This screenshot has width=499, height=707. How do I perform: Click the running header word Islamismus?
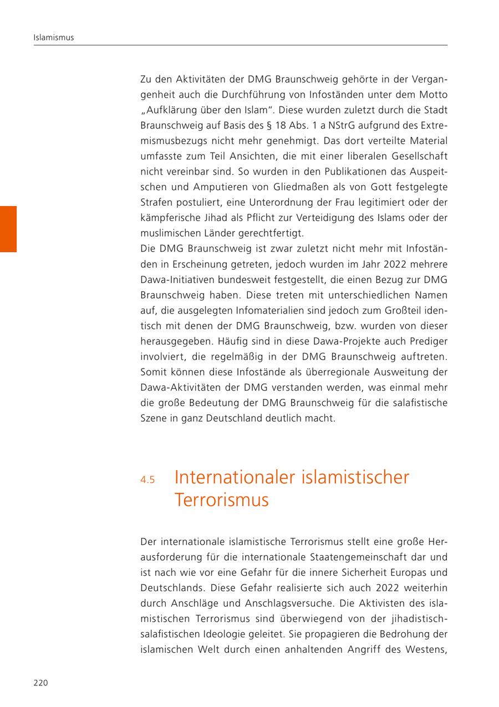[x=54, y=38]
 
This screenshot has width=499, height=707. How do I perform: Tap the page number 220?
[x=41, y=683]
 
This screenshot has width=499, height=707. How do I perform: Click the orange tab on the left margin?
[x=8, y=229]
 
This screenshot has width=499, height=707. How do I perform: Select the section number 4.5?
[x=147, y=480]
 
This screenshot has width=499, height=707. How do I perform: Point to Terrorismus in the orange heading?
[x=221, y=500]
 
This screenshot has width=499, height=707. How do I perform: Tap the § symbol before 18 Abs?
[x=268, y=126]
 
